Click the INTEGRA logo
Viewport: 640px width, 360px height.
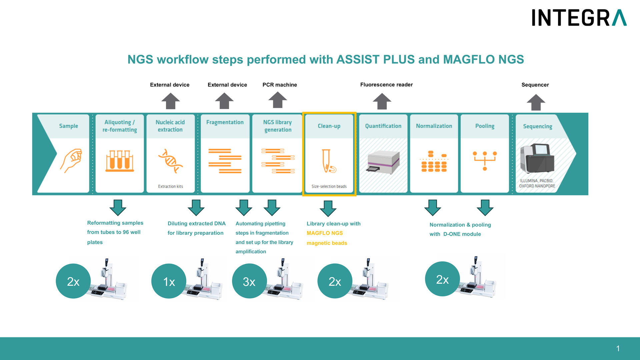point(579,18)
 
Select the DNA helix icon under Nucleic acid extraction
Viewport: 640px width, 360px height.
point(170,161)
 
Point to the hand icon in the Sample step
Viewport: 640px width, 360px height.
point(71,160)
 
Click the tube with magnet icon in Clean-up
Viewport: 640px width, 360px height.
point(328,161)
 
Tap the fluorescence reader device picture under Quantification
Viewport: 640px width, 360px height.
point(383,162)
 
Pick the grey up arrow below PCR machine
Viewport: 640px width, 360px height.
point(278,100)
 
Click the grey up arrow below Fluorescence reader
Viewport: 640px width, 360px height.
point(382,101)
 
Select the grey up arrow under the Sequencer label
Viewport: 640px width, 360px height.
point(536,102)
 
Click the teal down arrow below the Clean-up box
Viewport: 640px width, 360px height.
point(328,208)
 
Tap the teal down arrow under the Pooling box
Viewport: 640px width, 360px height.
point(485,208)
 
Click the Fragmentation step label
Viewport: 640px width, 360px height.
point(225,122)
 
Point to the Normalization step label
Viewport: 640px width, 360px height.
point(434,126)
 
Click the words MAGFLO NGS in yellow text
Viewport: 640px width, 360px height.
point(325,233)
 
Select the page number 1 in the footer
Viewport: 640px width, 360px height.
point(618,348)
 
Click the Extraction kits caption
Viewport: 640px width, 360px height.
point(170,186)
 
